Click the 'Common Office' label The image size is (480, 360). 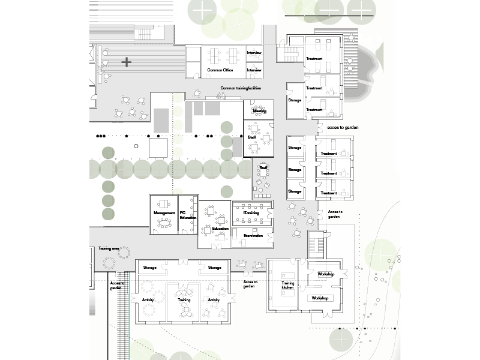[x=220, y=70]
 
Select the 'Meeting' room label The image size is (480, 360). [x=259, y=111]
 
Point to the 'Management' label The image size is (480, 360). [x=164, y=213]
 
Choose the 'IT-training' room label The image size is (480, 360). [x=251, y=213]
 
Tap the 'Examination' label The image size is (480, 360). [x=253, y=236]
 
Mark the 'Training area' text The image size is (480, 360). [x=109, y=248]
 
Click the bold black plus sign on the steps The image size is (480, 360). [x=126, y=62]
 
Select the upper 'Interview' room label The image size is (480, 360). [x=254, y=53]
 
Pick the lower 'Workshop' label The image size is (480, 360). [x=320, y=298]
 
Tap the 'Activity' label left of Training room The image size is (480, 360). [x=148, y=299]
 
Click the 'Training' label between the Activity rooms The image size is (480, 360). [x=184, y=299]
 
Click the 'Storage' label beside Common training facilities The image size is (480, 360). [x=295, y=101]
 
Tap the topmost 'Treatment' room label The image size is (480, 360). [x=314, y=59]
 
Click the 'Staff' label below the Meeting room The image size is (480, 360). [x=252, y=137]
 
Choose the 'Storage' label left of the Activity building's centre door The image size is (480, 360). [x=150, y=268]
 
